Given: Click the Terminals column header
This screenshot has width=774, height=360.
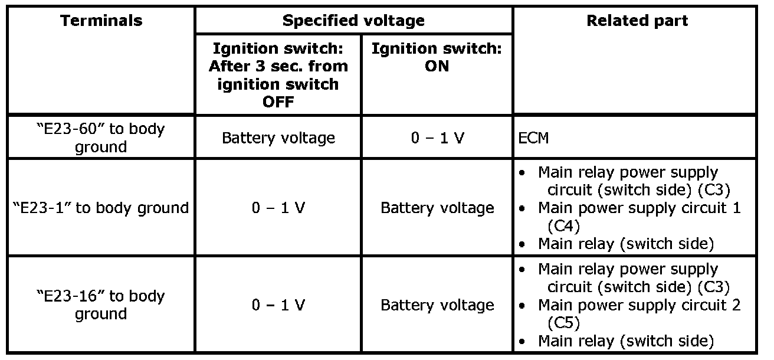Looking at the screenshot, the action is click(x=101, y=21).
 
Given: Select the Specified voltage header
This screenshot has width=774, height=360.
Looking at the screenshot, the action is click(x=353, y=21).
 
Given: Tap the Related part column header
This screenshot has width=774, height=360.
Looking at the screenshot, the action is click(x=637, y=21).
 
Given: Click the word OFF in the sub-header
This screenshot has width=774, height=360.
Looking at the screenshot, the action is click(x=278, y=102).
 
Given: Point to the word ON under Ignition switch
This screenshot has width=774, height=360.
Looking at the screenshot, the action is click(x=437, y=66).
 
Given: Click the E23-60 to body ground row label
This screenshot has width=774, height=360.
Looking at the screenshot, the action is click(x=101, y=138).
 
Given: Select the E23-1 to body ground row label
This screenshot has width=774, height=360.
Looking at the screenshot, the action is click(x=101, y=208).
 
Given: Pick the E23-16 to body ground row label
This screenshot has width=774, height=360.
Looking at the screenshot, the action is click(x=101, y=305).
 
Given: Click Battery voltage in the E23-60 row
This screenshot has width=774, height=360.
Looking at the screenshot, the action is click(x=278, y=138).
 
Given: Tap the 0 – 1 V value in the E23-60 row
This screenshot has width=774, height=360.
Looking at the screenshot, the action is click(x=438, y=138).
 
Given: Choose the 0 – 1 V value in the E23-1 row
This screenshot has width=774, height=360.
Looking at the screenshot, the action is click(x=278, y=208).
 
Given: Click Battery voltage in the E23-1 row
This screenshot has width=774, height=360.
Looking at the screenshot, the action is click(x=438, y=208).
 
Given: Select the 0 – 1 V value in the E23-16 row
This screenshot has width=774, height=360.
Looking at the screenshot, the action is click(x=278, y=305).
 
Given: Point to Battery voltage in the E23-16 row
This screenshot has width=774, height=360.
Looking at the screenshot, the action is click(x=438, y=305).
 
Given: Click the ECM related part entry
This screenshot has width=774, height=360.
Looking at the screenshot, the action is click(x=533, y=138).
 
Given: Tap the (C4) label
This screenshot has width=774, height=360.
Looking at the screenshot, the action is click(x=563, y=226).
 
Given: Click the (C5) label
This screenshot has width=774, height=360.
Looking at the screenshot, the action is click(x=563, y=323).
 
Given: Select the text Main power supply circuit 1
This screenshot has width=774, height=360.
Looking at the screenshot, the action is click(x=639, y=208).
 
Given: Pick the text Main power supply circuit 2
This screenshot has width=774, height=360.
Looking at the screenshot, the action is click(x=639, y=305).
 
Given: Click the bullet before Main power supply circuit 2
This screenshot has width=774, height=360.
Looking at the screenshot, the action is click(x=522, y=306).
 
